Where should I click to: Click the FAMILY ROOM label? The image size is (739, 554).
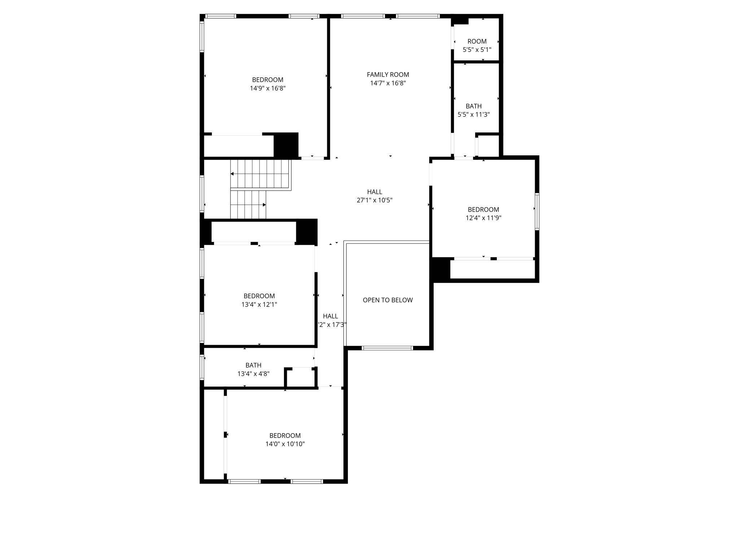pyautogui.click(x=388, y=75)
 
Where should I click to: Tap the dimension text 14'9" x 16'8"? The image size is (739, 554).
pyautogui.click(x=268, y=88)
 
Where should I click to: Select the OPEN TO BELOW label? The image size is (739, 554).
pyautogui.click(x=388, y=300)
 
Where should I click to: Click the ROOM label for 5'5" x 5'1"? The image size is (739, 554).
pyautogui.click(x=477, y=41)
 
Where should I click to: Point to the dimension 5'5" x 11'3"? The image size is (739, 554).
pyautogui.click(x=473, y=115)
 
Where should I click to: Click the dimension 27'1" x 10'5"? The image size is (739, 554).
pyautogui.click(x=375, y=200)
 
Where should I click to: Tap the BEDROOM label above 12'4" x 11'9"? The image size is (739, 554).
pyautogui.click(x=483, y=210)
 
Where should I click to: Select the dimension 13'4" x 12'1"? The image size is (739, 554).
pyautogui.click(x=259, y=304)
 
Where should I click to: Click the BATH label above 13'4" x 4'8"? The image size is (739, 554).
pyautogui.click(x=253, y=365)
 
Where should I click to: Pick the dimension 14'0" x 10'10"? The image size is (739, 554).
pyautogui.click(x=285, y=444)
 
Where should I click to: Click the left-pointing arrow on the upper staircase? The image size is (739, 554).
pyautogui.click(x=232, y=174)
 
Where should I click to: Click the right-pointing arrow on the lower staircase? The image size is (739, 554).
pyautogui.click(x=264, y=205)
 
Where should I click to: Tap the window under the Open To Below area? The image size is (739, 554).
pyautogui.click(x=387, y=348)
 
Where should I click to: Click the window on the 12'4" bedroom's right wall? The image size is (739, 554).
pyautogui.click(x=537, y=211)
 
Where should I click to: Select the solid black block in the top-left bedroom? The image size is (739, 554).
pyautogui.click(x=286, y=145)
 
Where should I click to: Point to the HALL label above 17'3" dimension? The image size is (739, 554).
pyautogui.click(x=330, y=316)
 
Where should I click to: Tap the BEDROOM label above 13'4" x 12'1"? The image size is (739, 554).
pyautogui.click(x=259, y=296)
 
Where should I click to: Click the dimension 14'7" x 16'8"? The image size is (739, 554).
pyautogui.click(x=388, y=83)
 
